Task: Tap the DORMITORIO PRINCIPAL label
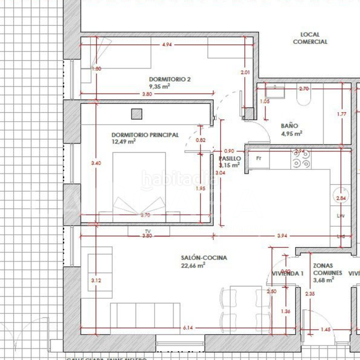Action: (x=145, y=135)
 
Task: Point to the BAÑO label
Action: (x=289, y=126)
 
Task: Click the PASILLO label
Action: (x=229, y=158)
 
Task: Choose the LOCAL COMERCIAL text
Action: (x=310, y=38)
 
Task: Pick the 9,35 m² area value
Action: (x=160, y=86)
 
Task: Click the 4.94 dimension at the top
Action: (x=167, y=45)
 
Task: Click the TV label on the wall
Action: (x=147, y=231)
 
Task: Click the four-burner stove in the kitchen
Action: (x=301, y=158)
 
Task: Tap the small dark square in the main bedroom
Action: (x=137, y=113)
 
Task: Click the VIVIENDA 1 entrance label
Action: (x=288, y=273)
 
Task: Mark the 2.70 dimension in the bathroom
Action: (x=304, y=89)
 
